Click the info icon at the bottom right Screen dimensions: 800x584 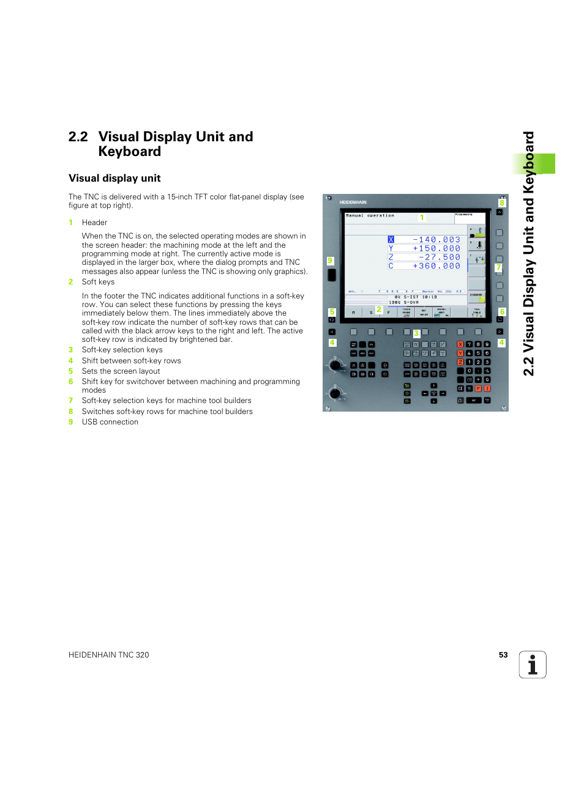coord(532,664)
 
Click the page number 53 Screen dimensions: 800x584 coord(503,655)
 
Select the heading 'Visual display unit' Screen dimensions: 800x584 coord(114,178)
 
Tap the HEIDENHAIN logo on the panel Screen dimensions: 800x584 coord(353,202)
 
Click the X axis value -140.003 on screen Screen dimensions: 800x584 coord(436,240)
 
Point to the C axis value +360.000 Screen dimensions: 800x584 coord(436,266)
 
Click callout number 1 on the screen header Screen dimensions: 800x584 coord(422,218)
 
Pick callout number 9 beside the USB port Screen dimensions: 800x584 coord(330,261)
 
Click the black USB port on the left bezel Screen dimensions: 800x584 coord(332,275)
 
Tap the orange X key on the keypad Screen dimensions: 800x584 coord(460,344)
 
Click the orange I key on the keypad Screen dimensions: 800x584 coord(487,388)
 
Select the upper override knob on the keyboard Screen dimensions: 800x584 coord(335,366)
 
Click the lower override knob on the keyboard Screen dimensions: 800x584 coord(335,393)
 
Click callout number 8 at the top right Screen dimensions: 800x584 coord(502,203)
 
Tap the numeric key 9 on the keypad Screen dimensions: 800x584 coord(487,344)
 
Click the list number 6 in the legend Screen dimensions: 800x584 coord(70,382)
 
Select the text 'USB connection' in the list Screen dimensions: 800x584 coord(110,422)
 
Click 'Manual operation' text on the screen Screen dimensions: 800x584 coord(370,216)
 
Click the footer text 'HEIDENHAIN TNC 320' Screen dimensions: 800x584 coord(109,655)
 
